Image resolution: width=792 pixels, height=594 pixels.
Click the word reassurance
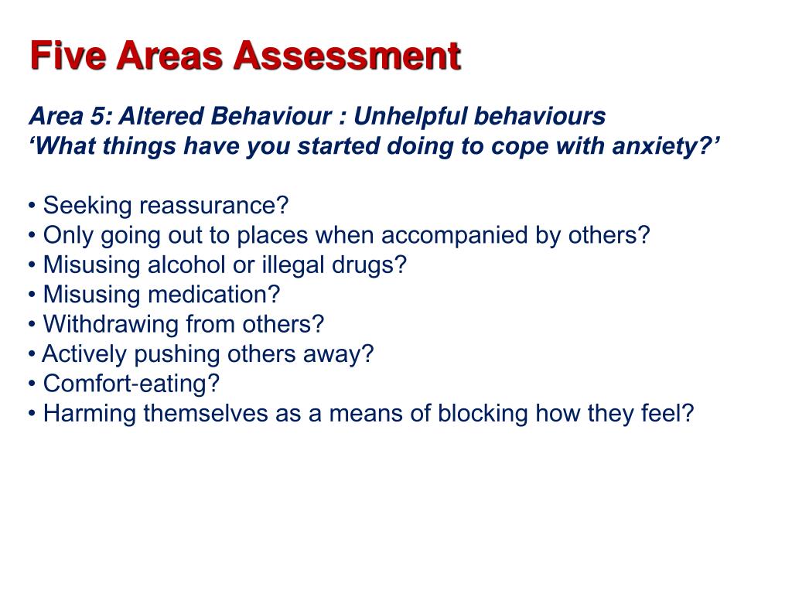point(213,207)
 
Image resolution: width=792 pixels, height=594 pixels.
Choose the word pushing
point(177,354)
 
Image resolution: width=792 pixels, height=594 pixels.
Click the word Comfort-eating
point(131,384)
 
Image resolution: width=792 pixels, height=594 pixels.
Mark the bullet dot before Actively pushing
point(32,355)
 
